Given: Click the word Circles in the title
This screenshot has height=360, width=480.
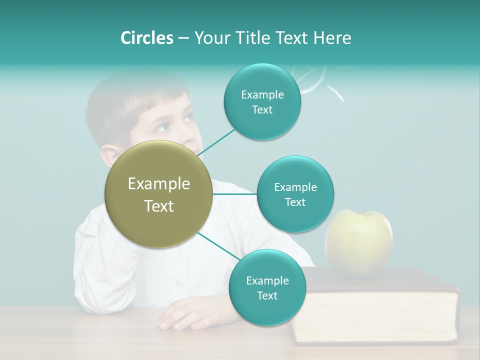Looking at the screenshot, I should coord(146,38).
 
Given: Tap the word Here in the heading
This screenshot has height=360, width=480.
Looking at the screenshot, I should coord(332,38).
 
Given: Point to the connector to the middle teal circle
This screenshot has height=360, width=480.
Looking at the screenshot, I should coord(234,194).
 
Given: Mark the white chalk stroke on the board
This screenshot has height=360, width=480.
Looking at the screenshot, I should coord(336,93).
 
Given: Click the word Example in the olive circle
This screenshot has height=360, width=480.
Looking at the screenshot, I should coord(159,184).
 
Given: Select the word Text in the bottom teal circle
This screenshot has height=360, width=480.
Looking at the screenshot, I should coord(267,295).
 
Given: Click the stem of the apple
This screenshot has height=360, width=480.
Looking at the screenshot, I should coord(370,214).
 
